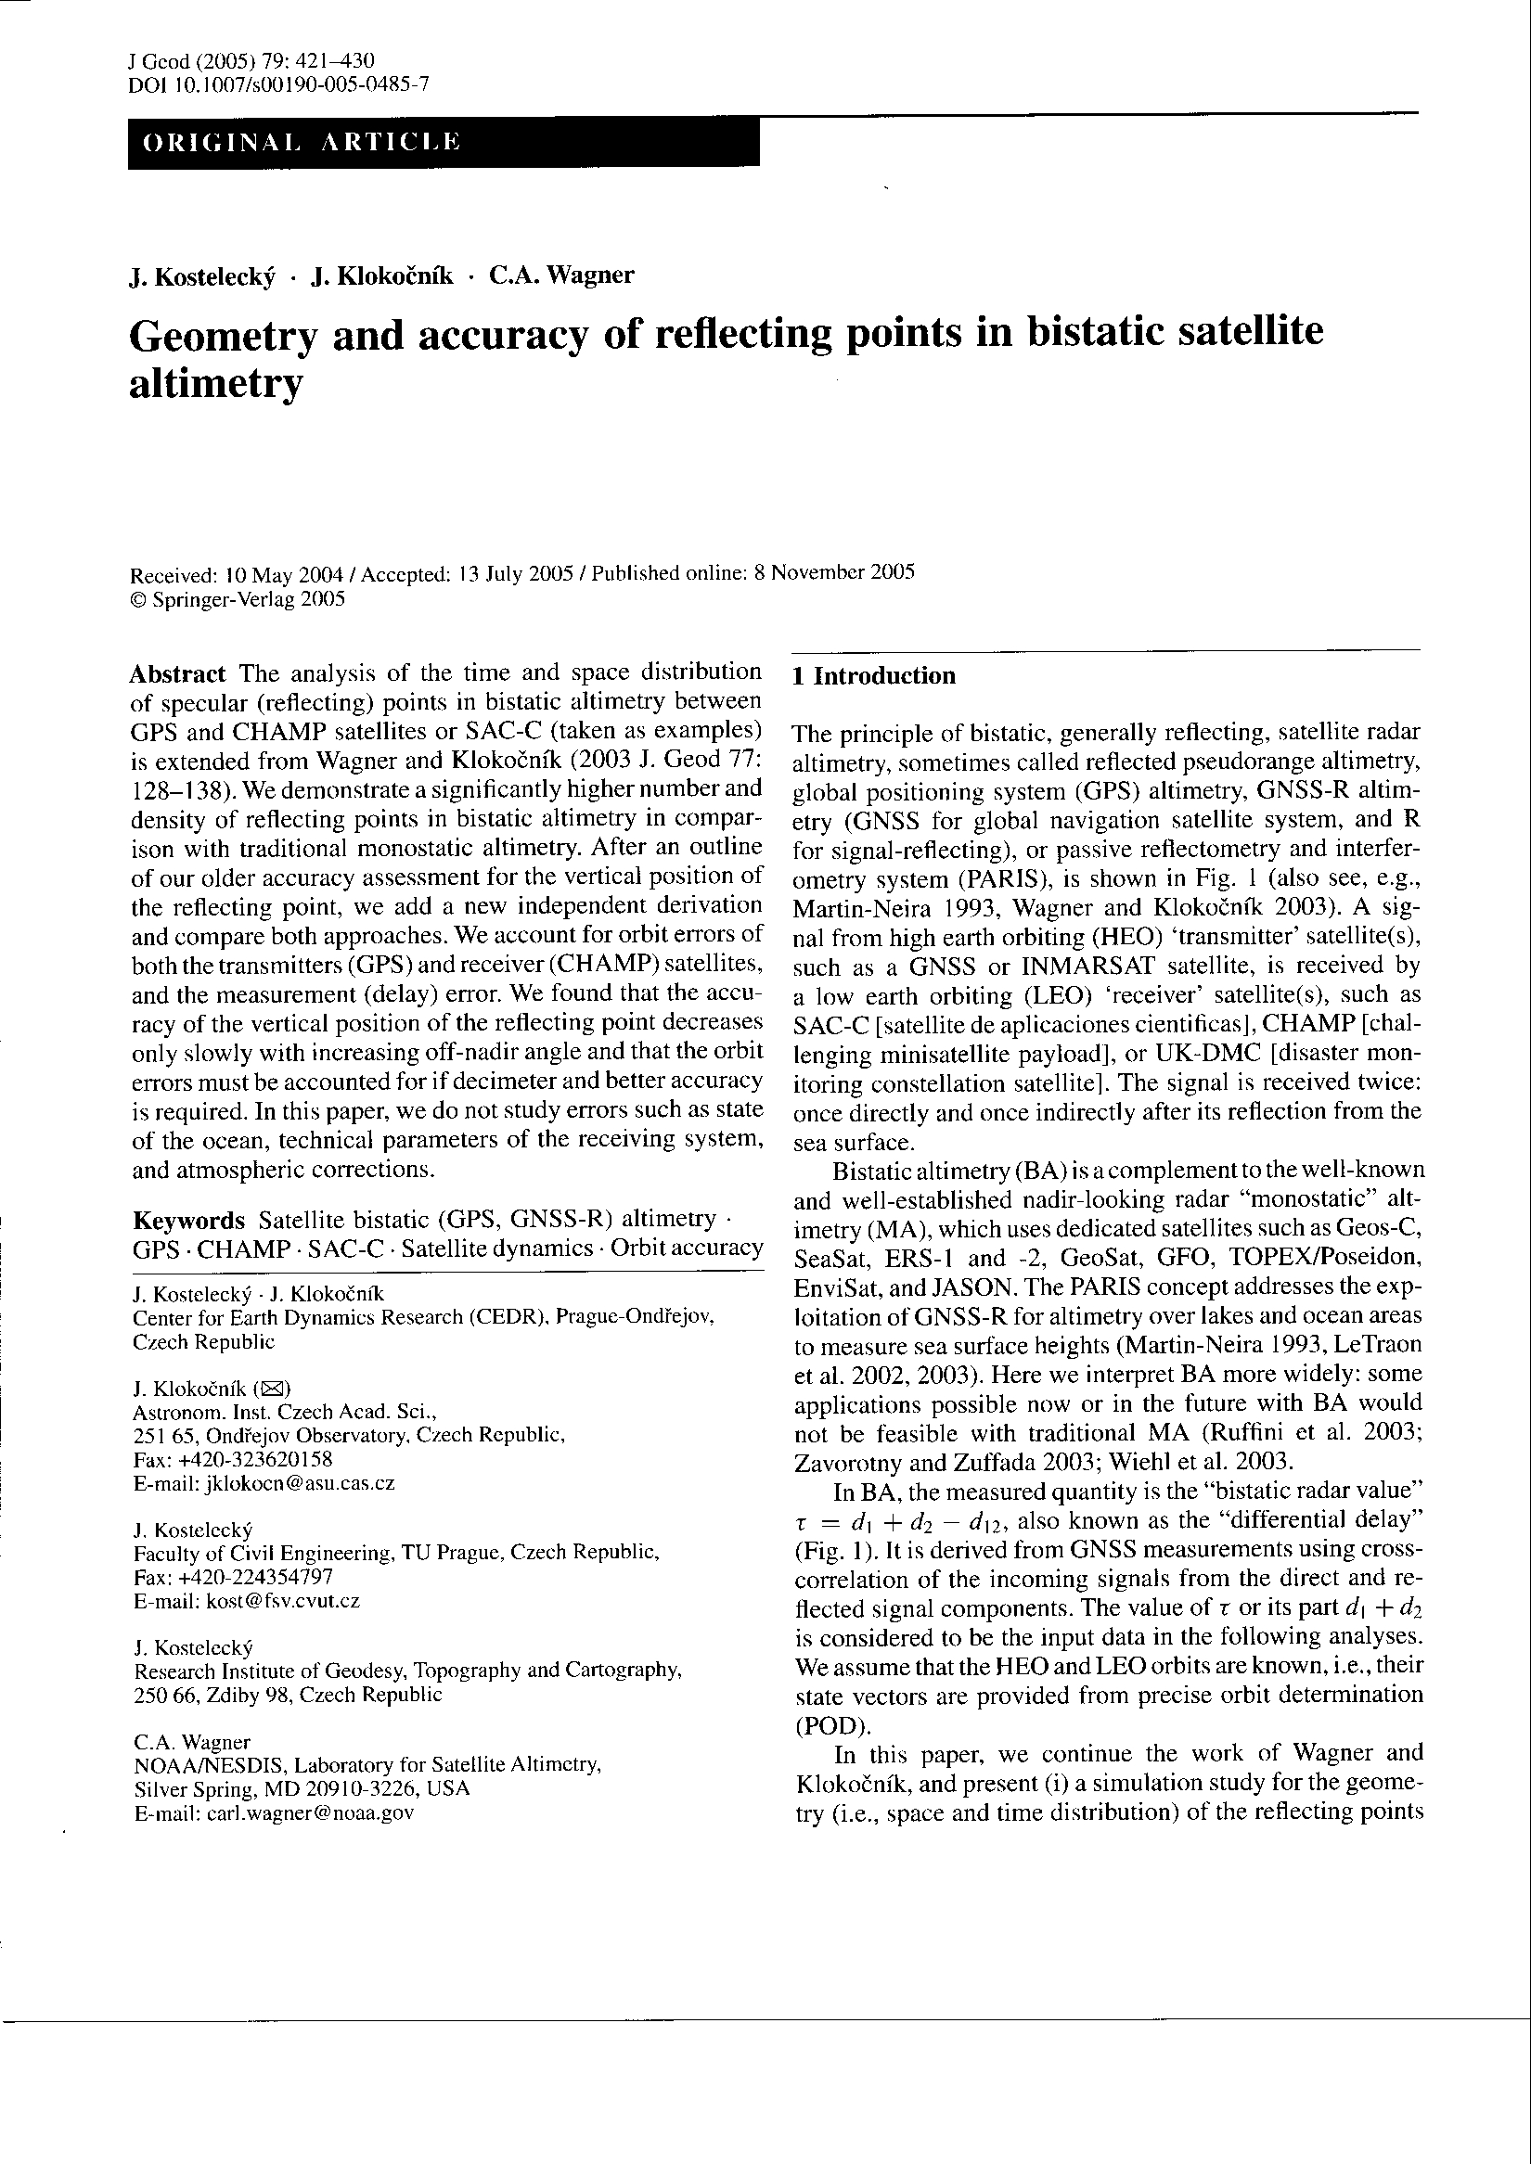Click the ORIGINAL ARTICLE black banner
(444, 143)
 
